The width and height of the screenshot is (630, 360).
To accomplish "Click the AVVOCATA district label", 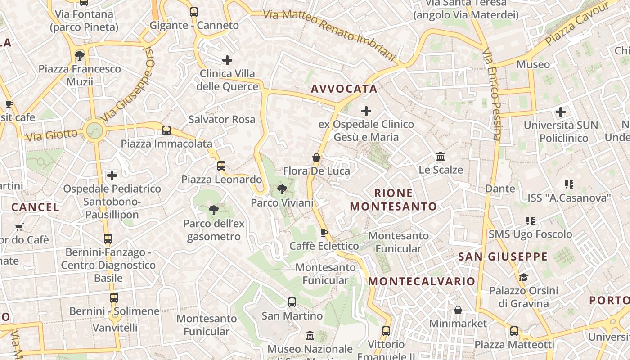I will click(344, 89).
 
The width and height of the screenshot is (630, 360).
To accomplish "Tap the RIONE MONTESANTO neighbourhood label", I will click(393, 200).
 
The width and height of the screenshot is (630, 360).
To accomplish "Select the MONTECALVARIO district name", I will click(422, 281).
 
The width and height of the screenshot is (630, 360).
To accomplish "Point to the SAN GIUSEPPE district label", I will click(503, 256).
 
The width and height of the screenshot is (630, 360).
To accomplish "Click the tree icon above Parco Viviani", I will click(282, 189).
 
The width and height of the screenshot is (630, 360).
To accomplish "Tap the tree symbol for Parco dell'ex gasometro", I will click(214, 210).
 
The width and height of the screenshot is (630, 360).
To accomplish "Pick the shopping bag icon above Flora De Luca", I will click(316, 157).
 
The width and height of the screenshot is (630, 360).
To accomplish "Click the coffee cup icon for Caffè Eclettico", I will click(324, 233).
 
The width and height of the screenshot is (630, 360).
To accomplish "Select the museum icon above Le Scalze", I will click(441, 157).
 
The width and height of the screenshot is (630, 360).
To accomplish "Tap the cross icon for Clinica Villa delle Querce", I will click(227, 60).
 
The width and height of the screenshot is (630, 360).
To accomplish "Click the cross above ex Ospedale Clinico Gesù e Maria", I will click(366, 111).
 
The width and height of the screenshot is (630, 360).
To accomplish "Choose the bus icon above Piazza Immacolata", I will click(166, 130).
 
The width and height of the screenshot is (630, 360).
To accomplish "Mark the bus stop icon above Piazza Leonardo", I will click(221, 166).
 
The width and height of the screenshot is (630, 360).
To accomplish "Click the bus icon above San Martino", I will click(292, 302).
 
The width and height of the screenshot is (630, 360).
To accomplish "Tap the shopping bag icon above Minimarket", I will click(458, 310).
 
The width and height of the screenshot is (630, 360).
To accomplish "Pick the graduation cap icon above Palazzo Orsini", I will click(523, 277).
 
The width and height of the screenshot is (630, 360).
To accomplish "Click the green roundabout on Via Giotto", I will click(94, 131).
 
